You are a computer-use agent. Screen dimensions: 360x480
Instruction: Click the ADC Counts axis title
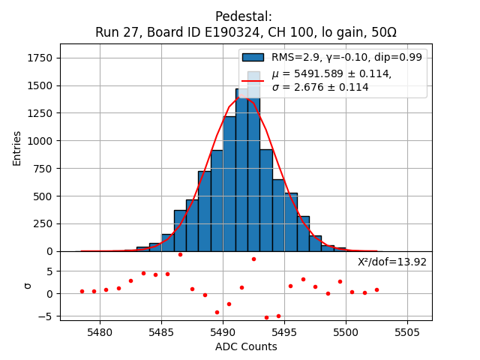[x=246, y=346]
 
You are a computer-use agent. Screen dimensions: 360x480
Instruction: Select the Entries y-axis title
[x=17, y=148]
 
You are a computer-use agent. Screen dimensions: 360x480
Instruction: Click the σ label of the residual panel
[x=28, y=285]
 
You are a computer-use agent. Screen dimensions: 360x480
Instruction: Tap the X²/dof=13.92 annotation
[x=391, y=262]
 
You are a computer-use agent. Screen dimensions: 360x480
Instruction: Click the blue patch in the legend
[x=253, y=57]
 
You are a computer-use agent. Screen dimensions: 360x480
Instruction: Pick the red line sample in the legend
[x=253, y=79]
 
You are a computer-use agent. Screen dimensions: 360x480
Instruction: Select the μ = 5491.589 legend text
[x=331, y=73]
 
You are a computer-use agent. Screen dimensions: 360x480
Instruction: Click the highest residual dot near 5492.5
[x=253, y=259]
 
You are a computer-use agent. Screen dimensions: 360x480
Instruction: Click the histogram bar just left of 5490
[x=217, y=200]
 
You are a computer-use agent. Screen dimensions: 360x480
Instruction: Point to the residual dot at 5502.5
[x=376, y=289]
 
